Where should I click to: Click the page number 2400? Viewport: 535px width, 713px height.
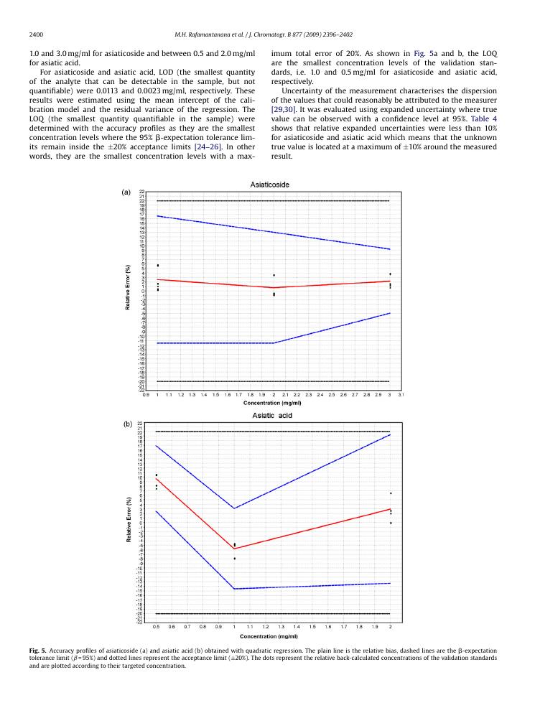(37, 34)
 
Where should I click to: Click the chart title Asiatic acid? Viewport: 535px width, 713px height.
(271, 415)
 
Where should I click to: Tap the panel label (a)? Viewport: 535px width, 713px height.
(126, 192)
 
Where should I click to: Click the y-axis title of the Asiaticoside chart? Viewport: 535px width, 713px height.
(129, 287)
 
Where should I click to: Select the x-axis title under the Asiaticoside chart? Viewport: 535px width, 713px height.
(272, 403)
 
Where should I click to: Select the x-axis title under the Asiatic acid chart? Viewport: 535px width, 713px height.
(269, 636)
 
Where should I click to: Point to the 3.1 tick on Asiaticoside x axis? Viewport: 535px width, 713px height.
(401, 394)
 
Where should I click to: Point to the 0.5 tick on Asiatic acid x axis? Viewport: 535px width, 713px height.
(156, 627)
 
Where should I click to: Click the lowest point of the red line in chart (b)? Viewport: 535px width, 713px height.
(234, 549)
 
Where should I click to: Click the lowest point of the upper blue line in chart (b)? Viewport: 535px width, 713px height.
(234, 508)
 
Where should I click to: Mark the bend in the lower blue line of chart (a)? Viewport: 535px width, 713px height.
(273, 343)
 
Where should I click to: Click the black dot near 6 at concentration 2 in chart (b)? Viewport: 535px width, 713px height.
(390, 493)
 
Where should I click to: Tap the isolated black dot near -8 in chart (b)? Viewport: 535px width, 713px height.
(234, 559)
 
